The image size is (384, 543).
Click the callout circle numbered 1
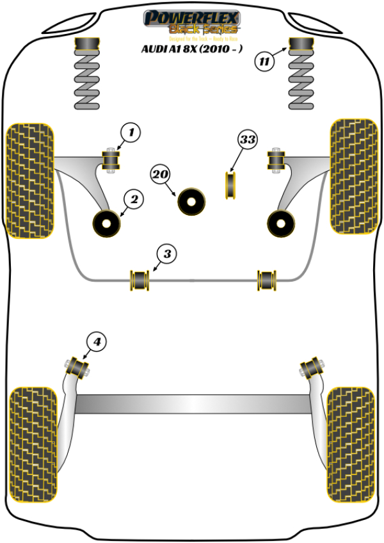point(131,133)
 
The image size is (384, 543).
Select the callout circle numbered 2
point(134,200)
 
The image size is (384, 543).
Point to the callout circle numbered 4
point(97,343)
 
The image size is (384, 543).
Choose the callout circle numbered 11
point(264,62)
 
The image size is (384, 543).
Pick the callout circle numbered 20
point(161,174)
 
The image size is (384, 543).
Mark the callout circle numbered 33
point(247,139)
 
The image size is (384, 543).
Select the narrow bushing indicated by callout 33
point(231,184)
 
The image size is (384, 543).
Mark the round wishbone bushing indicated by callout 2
point(107,222)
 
